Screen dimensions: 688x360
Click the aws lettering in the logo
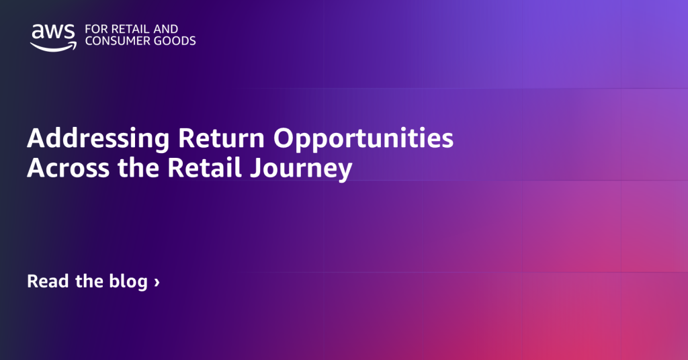click(54, 32)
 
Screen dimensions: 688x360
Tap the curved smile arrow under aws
click(53, 46)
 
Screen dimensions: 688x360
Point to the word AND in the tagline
click(166, 29)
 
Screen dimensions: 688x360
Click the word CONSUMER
click(116, 41)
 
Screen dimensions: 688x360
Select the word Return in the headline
click(221, 138)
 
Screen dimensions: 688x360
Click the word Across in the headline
click(68, 168)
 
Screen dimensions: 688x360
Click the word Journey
click(302, 170)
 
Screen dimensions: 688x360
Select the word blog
click(128, 282)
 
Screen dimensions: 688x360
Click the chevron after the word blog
click(157, 282)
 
